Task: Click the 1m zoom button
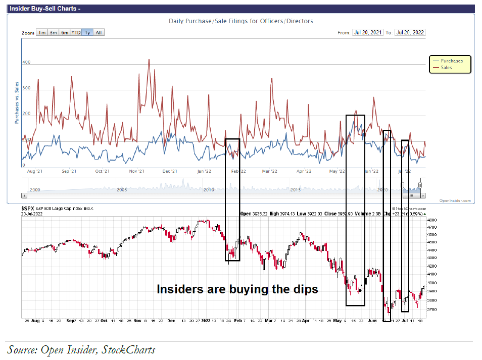coord(42,32)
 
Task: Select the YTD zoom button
coord(75,32)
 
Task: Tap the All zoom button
coord(99,32)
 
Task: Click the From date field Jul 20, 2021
coord(368,32)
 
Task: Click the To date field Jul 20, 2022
coord(411,32)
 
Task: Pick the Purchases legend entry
coord(451,61)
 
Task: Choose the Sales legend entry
coord(446,67)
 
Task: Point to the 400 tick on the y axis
coord(26,62)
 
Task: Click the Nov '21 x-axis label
coord(137,171)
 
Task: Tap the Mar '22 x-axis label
coord(270,171)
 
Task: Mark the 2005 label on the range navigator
coord(121,189)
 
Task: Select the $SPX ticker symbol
coord(28,208)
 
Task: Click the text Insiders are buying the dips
coord(237,289)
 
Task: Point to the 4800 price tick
coord(431,220)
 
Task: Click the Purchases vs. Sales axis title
coord(16,102)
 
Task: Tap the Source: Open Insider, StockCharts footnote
coord(81,349)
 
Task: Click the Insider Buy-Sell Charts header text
coord(44,8)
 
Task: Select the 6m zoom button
coord(65,32)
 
